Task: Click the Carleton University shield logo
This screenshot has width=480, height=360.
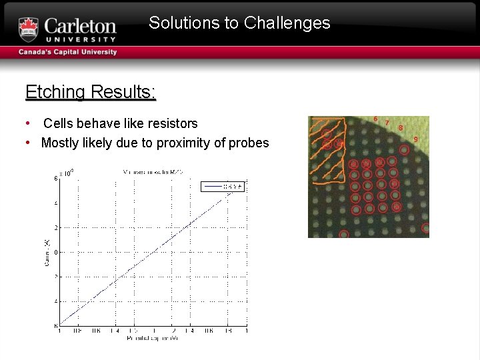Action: pos(29,29)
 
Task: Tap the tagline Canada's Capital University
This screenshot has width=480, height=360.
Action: pos(67,52)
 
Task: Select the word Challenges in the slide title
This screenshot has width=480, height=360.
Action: pos(287,23)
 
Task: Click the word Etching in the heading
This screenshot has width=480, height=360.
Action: pos(54,91)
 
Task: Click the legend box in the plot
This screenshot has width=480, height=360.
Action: pos(223,187)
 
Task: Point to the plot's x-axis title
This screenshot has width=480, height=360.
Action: pos(152,339)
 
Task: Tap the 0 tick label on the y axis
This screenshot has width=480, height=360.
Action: pos(55,252)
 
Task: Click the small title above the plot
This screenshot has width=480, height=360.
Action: pos(153,172)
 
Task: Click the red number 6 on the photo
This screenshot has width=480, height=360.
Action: pos(375,119)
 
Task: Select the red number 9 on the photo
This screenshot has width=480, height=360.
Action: pos(416,139)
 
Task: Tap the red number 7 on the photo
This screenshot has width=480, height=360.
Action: pos(387,123)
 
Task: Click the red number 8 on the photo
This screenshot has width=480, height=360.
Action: pos(401,127)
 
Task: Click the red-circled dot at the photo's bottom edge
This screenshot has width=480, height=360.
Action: pos(344,234)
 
